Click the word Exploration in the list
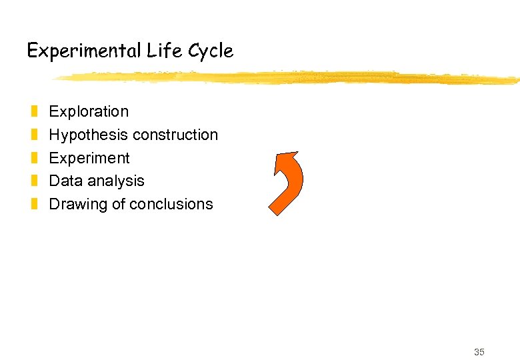point(89,111)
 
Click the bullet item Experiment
point(89,158)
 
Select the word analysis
point(116,181)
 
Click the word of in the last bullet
point(119,204)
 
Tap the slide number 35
point(479,352)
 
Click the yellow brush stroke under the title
point(287,78)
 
